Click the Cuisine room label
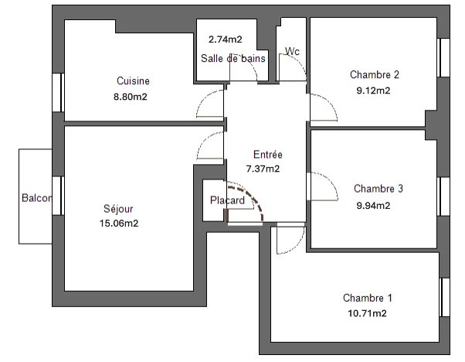[x=133, y=80]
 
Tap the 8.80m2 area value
[x=131, y=97]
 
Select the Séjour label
[x=118, y=209]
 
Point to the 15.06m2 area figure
[x=119, y=223]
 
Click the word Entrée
[x=267, y=155]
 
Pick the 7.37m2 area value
[x=263, y=169]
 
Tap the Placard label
[x=227, y=200]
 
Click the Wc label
[x=292, y=51]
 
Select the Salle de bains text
[x=233, y=58]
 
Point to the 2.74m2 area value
[x=225, y=39]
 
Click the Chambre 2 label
[x=375, y=74]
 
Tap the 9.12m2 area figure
[x=373, y=90]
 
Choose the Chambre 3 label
[x=378, y=189]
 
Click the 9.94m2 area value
[x=373, y=206]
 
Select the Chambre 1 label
[x=368, y=298]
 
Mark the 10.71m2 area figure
[x=367, y=313]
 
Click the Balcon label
[x=37, y=198]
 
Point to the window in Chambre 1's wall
[x=445, y=298]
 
